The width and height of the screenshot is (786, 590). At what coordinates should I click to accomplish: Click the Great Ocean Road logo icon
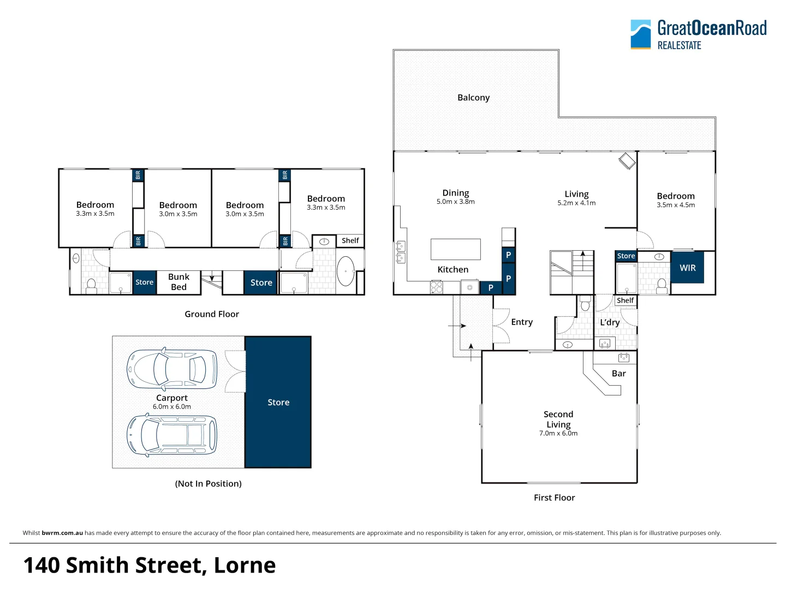[641, 34]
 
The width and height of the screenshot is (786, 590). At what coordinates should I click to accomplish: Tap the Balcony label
[473, 98]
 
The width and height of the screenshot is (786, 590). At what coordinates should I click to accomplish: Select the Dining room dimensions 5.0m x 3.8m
[455, 202]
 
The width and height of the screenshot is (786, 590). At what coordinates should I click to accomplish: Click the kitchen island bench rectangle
[455, 249]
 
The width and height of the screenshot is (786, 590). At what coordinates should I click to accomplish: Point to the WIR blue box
[687, 268]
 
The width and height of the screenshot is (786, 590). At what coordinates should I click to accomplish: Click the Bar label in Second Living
[618, 374]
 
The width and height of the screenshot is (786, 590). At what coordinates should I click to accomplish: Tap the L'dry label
[610, 322]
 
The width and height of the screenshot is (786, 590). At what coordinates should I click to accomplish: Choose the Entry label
[521, 322]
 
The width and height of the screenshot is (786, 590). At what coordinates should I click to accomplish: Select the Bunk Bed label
[178, 282]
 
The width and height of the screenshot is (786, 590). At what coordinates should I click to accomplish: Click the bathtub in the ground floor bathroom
[346, 271]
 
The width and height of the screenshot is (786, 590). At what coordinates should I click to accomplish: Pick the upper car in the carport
[172, 369]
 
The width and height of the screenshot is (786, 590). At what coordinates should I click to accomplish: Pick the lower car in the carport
[172, 435]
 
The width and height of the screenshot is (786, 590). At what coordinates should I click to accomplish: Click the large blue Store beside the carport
[278, 403]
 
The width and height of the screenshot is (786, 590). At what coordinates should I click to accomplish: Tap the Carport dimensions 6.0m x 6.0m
[172, 407]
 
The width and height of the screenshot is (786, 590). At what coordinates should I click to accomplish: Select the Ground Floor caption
[212, 314]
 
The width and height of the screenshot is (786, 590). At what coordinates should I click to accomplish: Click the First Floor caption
[554, 498]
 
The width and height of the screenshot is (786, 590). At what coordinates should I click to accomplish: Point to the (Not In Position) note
[208, 484]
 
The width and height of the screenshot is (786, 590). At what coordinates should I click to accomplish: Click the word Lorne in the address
[245, 565]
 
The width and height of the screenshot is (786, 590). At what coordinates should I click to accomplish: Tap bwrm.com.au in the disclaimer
[62, 533]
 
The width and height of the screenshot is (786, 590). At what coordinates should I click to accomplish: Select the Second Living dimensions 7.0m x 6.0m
[558, 433]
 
